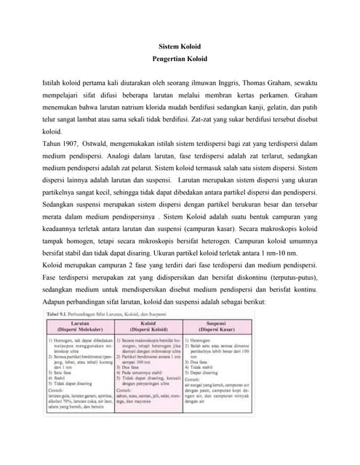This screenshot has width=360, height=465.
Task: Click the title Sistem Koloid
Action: click(x=179, y=46)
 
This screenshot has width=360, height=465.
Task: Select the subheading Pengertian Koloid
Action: click(x=179, y=58)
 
